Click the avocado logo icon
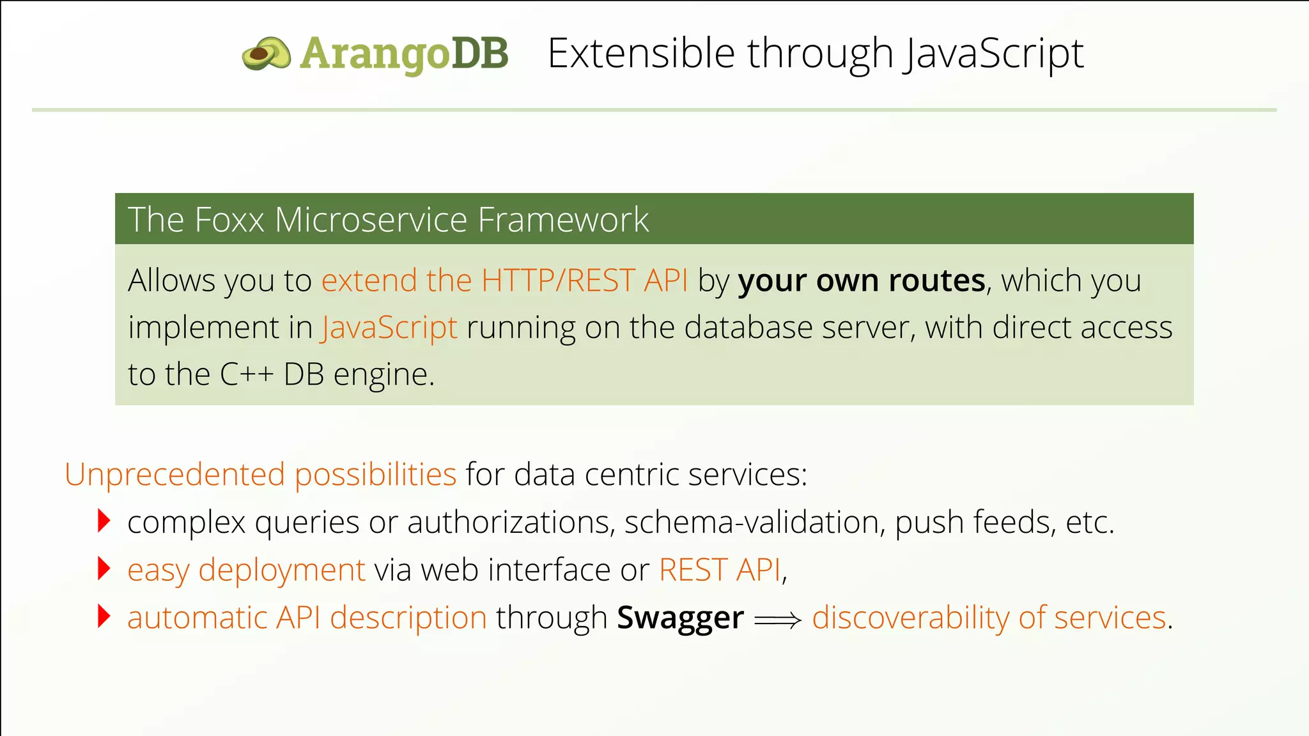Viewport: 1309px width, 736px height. [x=266, y=54]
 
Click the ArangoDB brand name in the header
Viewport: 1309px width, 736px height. [x=404, y=54]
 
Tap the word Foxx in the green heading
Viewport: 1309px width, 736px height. [x=229, y=220]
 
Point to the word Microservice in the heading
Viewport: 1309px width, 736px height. [x=371, y=220]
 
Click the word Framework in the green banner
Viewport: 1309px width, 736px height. [x=563, y=220]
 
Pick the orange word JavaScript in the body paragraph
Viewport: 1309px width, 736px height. [x=389, y=328]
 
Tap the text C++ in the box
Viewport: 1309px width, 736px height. [x=247, y=375]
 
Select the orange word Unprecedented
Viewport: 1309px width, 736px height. [x=174, y=475]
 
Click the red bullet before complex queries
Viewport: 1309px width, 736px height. [x=104, y=521]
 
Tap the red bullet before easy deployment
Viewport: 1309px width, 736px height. [x=104, y=568]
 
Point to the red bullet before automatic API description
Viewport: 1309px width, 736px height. [x=104, y=616]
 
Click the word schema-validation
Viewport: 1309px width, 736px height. [x=754, y=523]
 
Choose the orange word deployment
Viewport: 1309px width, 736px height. [x=282, y=570]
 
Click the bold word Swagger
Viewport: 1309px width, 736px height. [x=680, y=618]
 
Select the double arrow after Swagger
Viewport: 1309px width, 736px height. [x=777, y=620]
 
